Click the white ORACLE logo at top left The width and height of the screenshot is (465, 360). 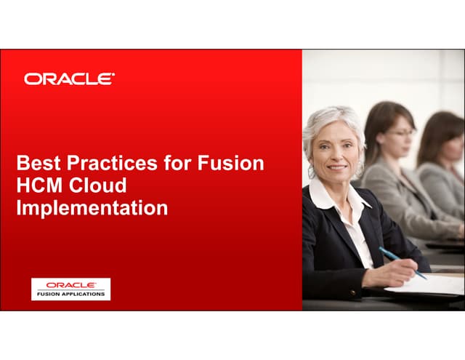point(69,79)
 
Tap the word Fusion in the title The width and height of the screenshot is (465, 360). point(230,163)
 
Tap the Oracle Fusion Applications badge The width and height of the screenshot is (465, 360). point(70,289)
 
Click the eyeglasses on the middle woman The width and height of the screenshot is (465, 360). point(401,133)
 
